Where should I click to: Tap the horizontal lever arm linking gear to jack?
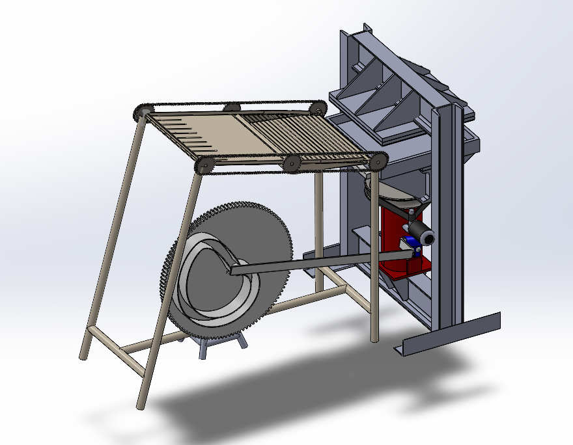click(x=306, y=263)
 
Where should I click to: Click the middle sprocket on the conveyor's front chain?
click(x=291, y=163)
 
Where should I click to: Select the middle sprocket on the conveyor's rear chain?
click(x=231, y=107)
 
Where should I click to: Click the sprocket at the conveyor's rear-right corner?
click(x=318, y=107)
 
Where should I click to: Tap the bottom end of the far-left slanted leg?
click(x=83, y=355)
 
